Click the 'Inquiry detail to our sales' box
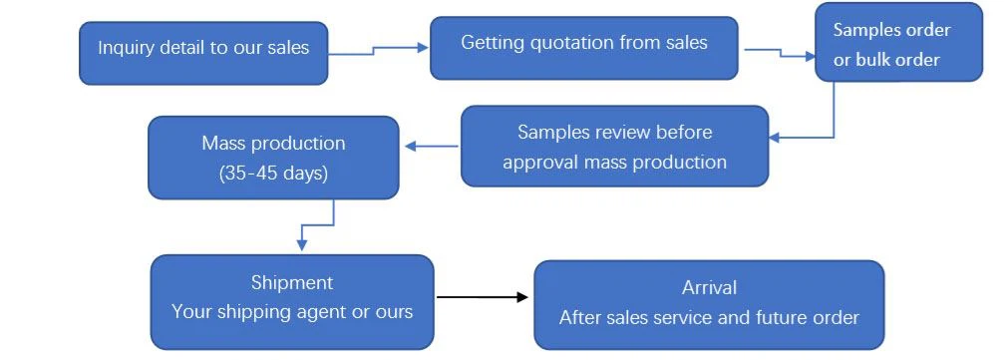pyautogui.click(x=203, y=53)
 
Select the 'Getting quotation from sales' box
pyautogui.click(x=583, y=47)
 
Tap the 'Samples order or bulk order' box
pyautogui.click(x=898, y=44)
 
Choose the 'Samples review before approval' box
pyautogui.click(x=614, y=146)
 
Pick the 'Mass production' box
pyautogui.click(x=273, y=157)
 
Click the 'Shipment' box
pyautogui.click(x=292, y=301)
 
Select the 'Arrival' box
pyautogui.click(x=709, y=304)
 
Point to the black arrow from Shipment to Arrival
pyautogui.click(x=483, y=297)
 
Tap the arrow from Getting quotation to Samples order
pyautogui.click(x=778, y=53)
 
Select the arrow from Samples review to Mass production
pyautogui.click(x=430, y=148)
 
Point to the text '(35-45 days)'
pyautogui.click(x=272, y=172)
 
